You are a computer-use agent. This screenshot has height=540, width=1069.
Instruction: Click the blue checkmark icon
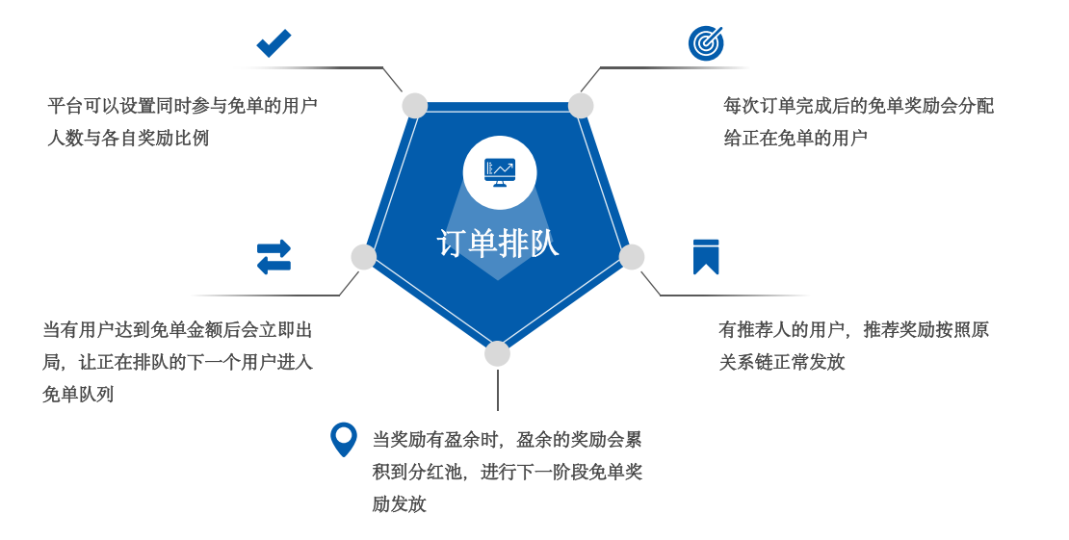[x=274, y=43]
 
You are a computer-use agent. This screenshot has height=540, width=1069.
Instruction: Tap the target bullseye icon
[x=706, y=43]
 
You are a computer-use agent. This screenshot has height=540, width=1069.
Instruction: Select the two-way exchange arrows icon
[x=274, y=257]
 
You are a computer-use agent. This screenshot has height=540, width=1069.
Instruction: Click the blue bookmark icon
[x=706, y=257]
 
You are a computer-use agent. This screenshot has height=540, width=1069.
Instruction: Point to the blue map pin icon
[x=343, y=439]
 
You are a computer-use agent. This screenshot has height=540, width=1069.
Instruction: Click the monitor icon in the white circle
[x=500, y=172]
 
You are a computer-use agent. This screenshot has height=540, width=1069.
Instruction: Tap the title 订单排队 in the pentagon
[x=498, y=244]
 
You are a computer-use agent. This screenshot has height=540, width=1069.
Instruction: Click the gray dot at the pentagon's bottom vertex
[x=497, y=353]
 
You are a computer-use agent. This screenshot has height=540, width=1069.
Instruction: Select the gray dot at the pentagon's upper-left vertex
[x=415, y=106]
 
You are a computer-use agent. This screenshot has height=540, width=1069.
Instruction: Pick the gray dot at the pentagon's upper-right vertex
[x=581, y=106]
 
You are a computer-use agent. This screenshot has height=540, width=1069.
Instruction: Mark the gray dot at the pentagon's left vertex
[x=364, y=257]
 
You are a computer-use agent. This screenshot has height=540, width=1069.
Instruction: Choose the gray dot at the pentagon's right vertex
[x=632, y=257]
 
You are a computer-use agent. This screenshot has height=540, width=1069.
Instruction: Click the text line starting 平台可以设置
[x=183, y=106]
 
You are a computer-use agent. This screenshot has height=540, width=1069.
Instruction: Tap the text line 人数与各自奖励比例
[x=129, y=139]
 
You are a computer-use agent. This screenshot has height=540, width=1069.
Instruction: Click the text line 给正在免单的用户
[x=796, y=139]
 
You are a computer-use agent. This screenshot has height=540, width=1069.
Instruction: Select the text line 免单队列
[x=79, y=395]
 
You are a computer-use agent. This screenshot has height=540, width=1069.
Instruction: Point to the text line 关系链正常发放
[x=782, y=362]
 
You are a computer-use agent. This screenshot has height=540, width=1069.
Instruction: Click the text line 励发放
[x=399, y=504]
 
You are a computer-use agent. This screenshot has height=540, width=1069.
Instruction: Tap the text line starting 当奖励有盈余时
[x=507, y=440]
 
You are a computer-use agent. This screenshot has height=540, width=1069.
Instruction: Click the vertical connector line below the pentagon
[x=498, y=390]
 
